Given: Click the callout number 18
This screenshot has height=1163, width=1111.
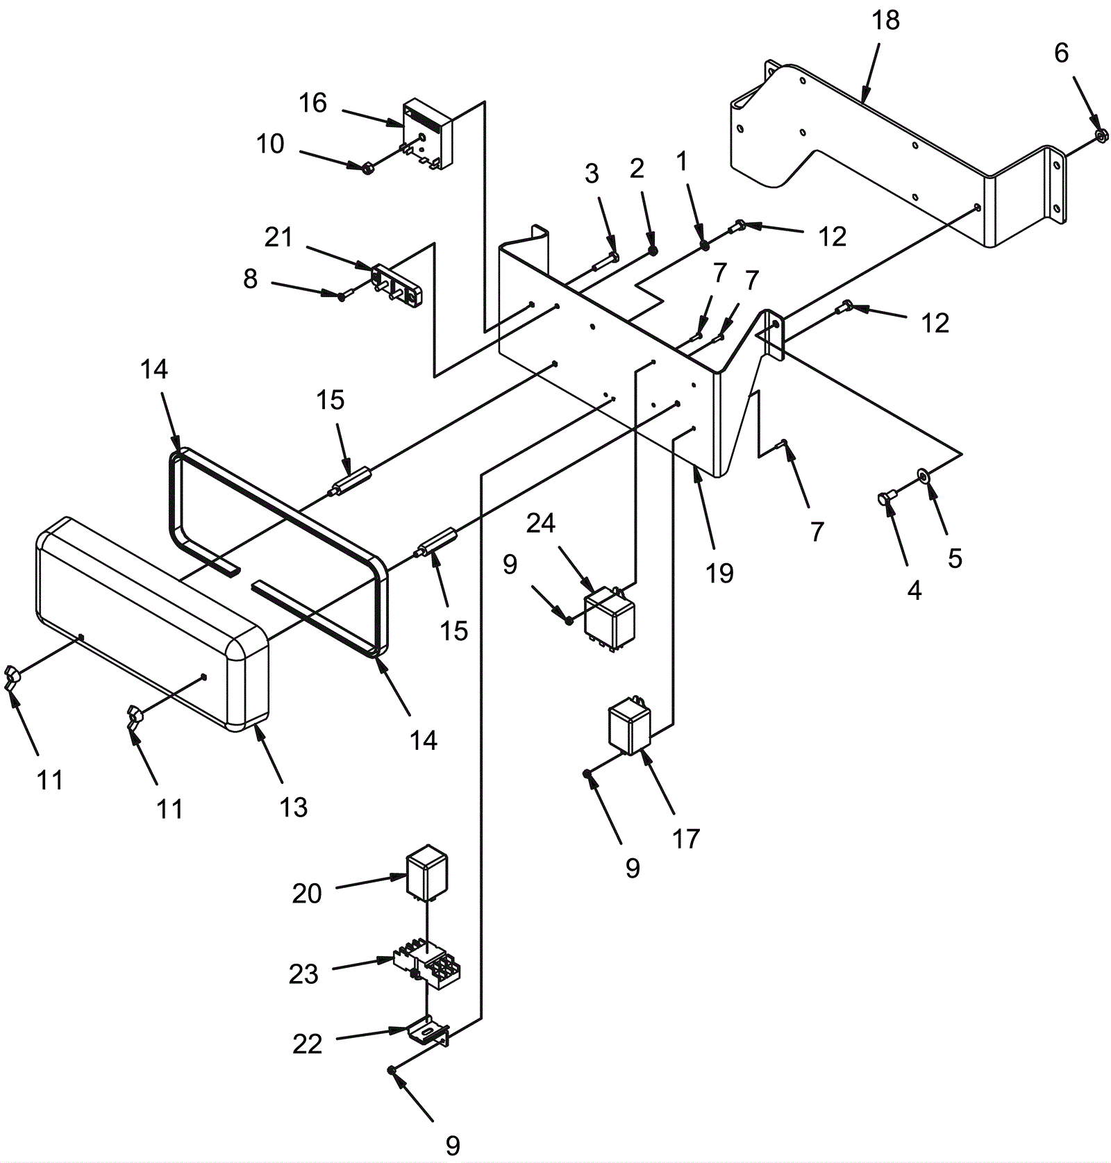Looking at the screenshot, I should coord(885,21).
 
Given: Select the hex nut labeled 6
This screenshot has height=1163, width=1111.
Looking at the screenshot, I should coord(1101,135).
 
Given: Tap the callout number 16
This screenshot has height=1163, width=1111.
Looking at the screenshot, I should coord(312,103).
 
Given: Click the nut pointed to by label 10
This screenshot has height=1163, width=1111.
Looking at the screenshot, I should coord(369,167).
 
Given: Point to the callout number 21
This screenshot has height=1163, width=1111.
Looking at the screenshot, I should coord(278,237).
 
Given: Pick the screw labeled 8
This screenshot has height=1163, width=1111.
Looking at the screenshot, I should coord(342,296).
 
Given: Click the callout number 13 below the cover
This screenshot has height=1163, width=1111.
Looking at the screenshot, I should coord(293,807).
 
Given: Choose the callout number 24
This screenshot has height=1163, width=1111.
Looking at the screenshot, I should coord(540,523).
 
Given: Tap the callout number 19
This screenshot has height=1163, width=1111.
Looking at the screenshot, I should coord(719,574).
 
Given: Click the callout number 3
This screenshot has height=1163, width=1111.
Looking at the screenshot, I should coord(591,174).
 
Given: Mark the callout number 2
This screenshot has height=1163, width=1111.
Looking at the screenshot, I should coord(637,168).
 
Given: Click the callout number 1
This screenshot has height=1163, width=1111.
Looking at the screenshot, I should coord(681,161).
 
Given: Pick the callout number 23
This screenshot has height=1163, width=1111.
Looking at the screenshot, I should coord(303,974).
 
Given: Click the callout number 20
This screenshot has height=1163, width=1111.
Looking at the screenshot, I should coord(307,894).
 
